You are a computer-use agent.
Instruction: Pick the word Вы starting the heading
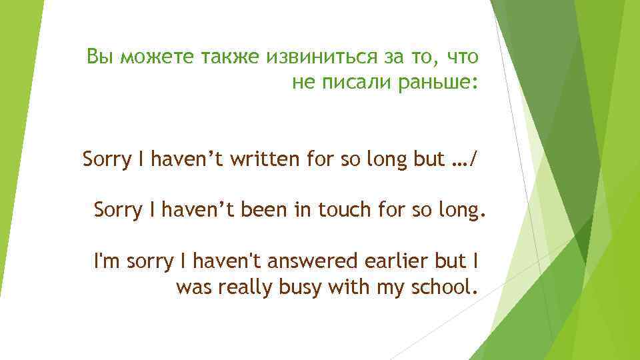coord(98,57)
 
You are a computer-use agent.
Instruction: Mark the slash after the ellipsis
coord(473,161)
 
